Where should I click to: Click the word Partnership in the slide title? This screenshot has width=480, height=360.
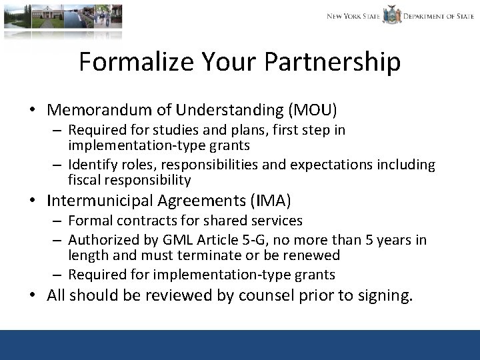(333, 62)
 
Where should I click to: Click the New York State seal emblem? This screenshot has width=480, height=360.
(391, 15)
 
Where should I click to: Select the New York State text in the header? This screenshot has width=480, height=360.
(353, 16)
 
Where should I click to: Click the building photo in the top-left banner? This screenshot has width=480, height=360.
(63, 16)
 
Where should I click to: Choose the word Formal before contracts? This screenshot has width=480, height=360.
(89, 221)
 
